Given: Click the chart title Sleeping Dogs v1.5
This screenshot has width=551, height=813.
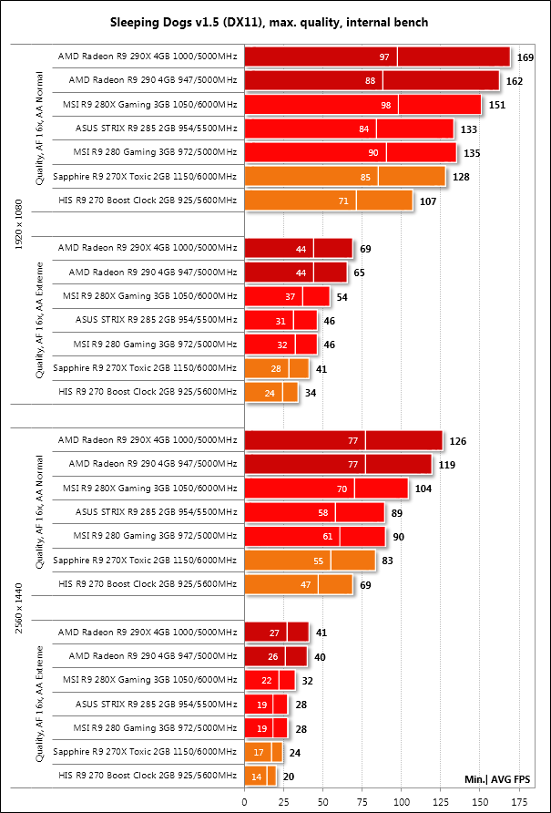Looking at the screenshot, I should coord(275,21).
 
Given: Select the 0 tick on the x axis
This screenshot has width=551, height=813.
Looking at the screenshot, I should coord(244,801).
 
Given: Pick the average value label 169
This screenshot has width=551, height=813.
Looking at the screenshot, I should coord(525,58).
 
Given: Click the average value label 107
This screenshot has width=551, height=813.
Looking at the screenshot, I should coord(428,201).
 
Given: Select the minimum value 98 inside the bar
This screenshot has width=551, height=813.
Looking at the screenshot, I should coord(385,106).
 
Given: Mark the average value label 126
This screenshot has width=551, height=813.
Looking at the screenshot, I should coord(457,441).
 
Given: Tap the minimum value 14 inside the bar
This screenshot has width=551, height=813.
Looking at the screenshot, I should coord(258,777).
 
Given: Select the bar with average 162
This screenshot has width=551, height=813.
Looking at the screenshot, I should coord(372,82).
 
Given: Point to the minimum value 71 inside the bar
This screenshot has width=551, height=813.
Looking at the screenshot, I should coord(343,201).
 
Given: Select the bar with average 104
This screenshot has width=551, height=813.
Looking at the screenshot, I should coord(326,489).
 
